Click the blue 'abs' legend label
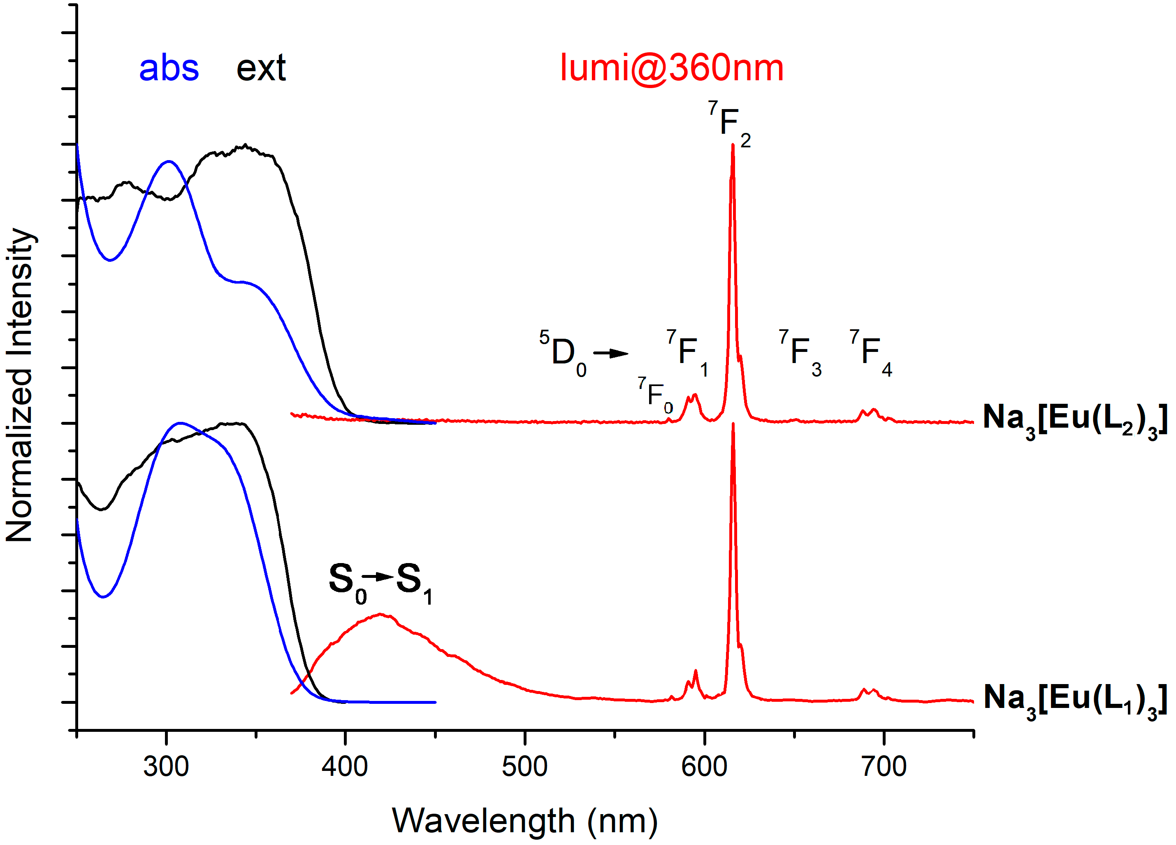(x=169, y=68)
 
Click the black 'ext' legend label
(x=261, y=68)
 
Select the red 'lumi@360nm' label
(x=671, y=68)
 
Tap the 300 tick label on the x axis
(x=166, y=767)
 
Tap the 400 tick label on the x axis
(x=345, y=767)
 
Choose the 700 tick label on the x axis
(x=884, y=767)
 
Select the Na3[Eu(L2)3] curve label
(x=1074, y=419)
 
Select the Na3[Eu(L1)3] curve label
(x=1074, y=699)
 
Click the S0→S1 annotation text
(x=380, y=582)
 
